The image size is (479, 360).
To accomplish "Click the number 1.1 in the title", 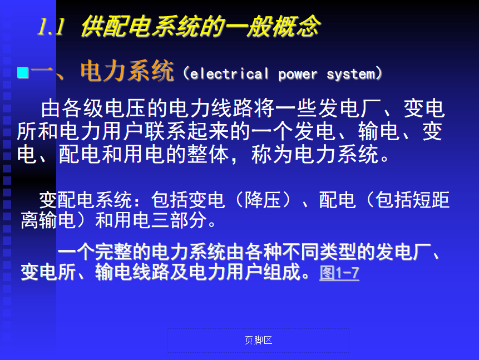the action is pyautogui.click(x=51, y=27).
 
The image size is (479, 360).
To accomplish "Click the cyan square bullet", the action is pyautogui.click(x=23, y=73).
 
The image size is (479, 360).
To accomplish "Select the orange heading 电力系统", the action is pyautogui.click(x=127, y=71).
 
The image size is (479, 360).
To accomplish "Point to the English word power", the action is pyautogui.click(x=298, y=75).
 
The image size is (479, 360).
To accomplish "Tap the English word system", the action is pyautogui.click(x=350, y=74).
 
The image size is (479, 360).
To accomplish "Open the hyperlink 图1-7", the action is pyautogui.click(x=339, y=273).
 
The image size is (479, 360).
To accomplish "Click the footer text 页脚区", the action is pyautogui.click(x=259, y=340).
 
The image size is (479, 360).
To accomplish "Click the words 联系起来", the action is pyautogui.click(x=187, y=131).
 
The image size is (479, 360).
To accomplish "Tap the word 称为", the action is pyautogui.click(x=273, y=154).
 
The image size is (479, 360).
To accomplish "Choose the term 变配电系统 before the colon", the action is pyautogui.click(x=86, y=200).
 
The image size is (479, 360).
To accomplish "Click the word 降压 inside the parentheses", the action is pyautogui.click(x=263, y=200).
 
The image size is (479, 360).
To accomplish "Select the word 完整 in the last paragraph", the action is pyautogui.click(x=113, y=252).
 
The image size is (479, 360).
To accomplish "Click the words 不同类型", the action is pyautogui.click(x=319, y=252).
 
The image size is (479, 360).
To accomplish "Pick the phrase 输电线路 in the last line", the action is pyautogui.click(x=132, y=272).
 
